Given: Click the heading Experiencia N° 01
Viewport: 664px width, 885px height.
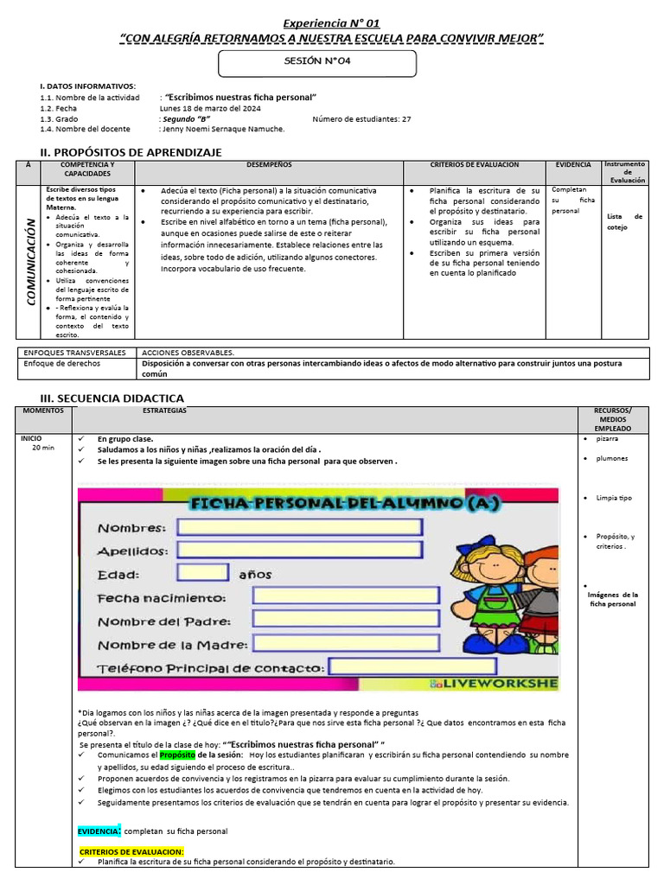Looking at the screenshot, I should [x=332, y=23].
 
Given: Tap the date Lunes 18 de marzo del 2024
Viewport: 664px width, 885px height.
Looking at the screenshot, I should [x=210, y=109].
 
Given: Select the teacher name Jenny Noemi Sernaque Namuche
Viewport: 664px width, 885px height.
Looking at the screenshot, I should [x=224, y=129].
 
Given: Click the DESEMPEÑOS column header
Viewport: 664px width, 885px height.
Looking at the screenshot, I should [x=269, y=164].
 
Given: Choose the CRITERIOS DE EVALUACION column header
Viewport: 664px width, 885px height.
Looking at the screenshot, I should [x=475, y=164].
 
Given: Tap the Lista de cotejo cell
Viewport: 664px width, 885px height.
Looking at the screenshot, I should [x=624, y=222].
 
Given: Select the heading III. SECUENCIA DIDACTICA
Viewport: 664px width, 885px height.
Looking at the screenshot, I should [x=112, y=398].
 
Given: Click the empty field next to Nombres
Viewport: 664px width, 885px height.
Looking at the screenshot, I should [x=300, y=527].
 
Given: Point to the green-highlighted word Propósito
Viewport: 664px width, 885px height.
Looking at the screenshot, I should [x=178, y=754].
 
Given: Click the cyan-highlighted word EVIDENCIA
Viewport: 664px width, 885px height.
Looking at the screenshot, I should [x=99, y=831].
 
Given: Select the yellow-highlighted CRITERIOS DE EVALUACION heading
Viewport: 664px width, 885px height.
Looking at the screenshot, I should [x=131, y=851].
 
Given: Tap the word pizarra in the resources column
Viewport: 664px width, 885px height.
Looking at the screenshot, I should [x=608, y=439].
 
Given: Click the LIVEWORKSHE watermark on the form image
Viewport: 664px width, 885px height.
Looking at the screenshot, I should [x=494, y=684].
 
